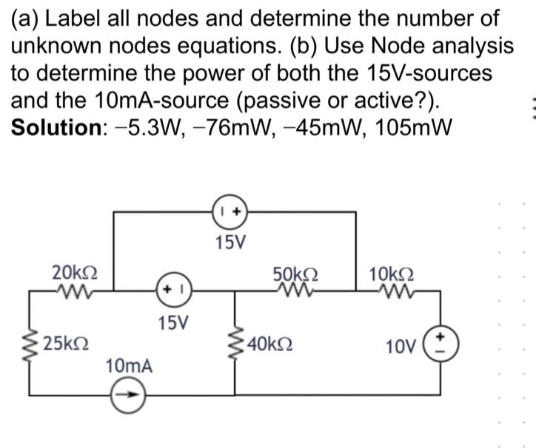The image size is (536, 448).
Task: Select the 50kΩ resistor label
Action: (295, 272)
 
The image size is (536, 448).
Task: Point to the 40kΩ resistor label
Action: (272, 344)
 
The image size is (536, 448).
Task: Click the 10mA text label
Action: (130, 365)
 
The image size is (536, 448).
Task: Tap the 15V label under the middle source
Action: (174, 322)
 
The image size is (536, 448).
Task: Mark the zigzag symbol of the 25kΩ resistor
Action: (31, 344)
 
